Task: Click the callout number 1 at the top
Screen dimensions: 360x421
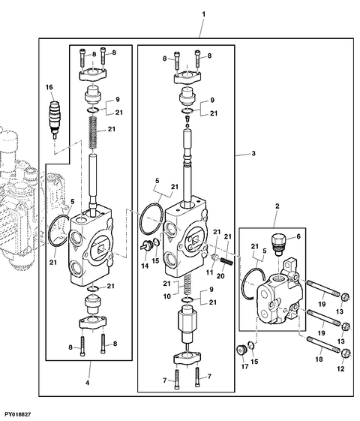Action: pyautogui.click(x=203, y=14)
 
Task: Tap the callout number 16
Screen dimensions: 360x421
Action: pyautogui.click(x=49, y=87)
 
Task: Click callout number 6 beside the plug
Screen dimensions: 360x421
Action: pyautogui.click(x=298, y=236)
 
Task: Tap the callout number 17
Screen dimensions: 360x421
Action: pyautogui.click(x=244, y=366)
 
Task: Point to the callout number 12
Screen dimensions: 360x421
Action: pyautogui.click(x=340, y=369)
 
